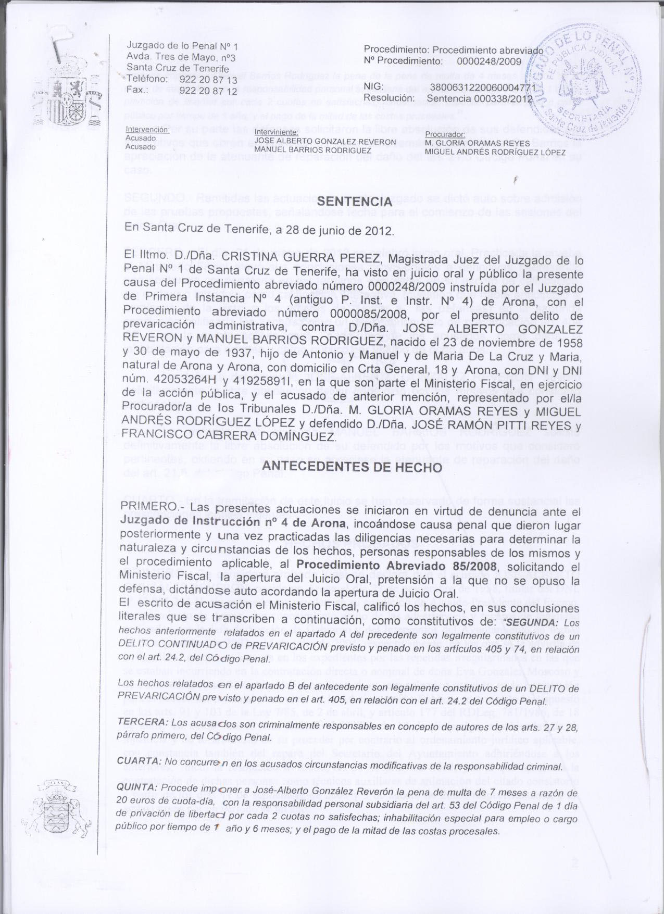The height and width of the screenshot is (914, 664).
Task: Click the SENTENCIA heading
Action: click(354, 202)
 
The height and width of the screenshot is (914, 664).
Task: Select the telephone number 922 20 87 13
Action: click(208, 80)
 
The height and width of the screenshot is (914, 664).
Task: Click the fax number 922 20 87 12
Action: click(208, 90)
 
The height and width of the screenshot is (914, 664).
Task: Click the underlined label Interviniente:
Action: click(277, 133)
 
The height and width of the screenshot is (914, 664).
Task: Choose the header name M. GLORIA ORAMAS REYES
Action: click(477, 143)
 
